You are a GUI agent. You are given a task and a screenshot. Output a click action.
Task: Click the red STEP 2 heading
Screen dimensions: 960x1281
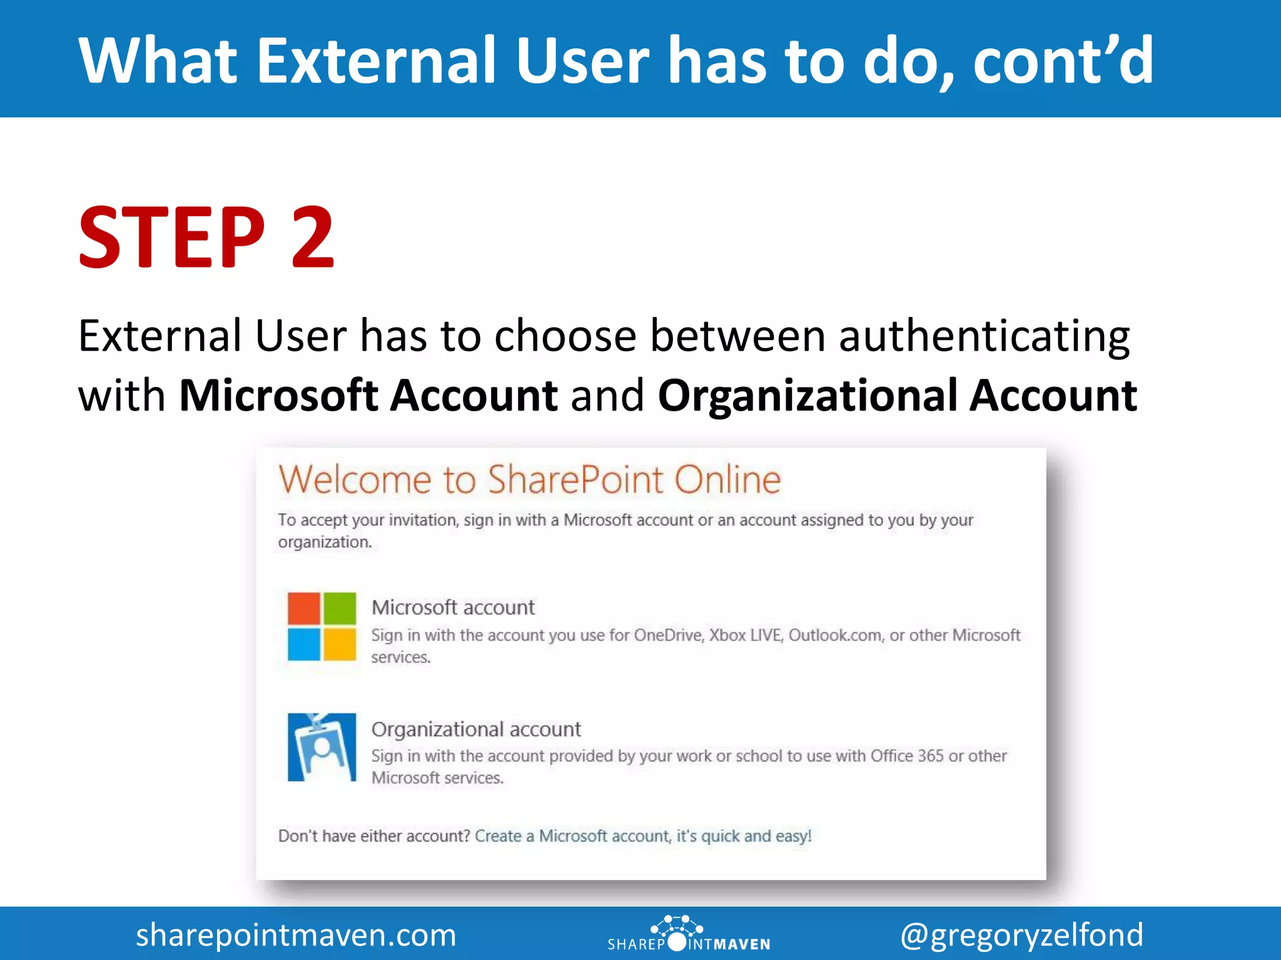point(206,238)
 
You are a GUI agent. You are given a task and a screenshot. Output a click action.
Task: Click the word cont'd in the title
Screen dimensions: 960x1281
point(1063,60)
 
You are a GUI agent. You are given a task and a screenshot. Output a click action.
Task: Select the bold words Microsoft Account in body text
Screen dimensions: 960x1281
point(368,396)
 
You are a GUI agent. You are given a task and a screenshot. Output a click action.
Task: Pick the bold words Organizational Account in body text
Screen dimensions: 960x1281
point(898,396)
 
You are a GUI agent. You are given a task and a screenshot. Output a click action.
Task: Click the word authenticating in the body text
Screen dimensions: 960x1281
point(984,336)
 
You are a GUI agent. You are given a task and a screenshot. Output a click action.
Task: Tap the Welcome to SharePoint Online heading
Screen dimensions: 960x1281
point(530,480)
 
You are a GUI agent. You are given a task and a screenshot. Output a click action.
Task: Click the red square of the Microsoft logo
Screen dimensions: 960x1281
point(304,608)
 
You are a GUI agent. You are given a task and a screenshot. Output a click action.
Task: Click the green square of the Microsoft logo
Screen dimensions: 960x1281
point(340,608)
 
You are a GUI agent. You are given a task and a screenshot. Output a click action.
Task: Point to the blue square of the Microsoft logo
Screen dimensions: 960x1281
point(304,644)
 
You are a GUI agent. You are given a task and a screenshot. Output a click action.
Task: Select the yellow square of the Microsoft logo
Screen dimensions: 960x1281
point(340,644)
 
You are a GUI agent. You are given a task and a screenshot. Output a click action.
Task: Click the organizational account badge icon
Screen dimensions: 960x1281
point(322,747)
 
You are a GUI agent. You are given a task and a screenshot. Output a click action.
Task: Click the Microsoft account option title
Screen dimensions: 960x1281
point(453,607)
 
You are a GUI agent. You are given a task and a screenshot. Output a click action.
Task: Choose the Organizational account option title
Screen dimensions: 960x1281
point(476,729)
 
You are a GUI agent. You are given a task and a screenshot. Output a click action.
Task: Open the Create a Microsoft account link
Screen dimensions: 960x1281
point(643,836)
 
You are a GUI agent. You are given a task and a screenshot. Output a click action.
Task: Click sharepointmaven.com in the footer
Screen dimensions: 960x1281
point(296,935)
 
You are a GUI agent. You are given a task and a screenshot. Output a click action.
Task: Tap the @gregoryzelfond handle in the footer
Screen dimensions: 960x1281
point(1021,935)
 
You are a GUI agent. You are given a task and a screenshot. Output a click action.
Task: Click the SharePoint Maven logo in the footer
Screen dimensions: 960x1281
point(688,934)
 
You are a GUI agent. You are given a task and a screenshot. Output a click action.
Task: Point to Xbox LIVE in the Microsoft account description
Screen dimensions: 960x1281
point(746,635)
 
